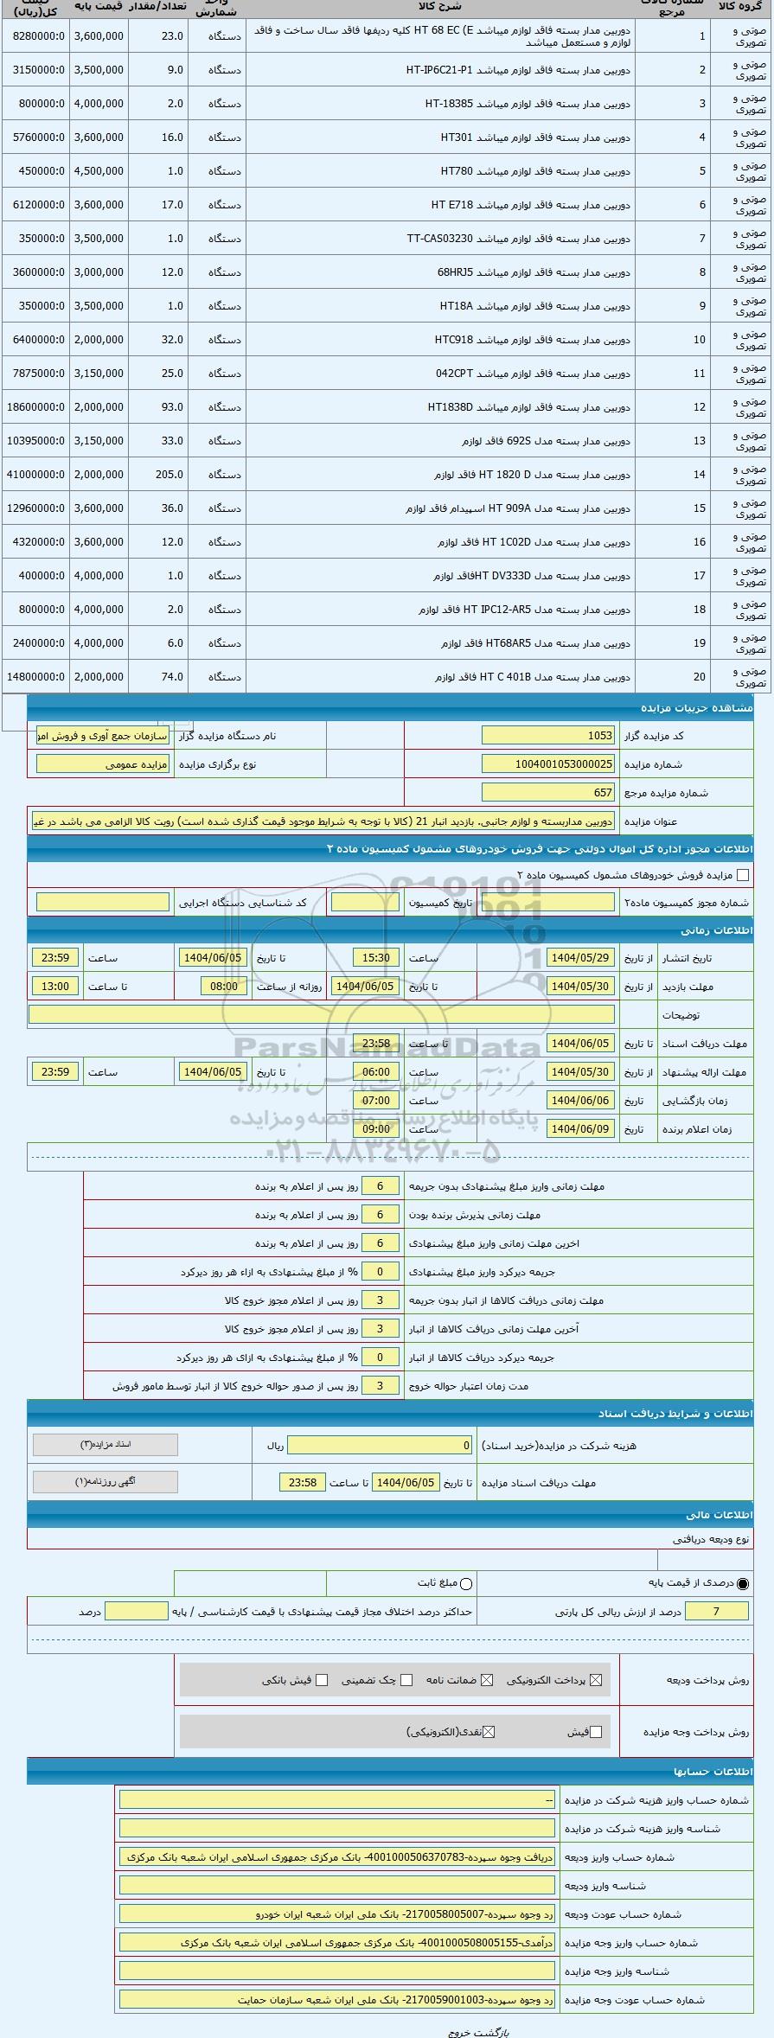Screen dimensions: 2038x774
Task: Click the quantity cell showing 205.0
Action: click(x=162, y=475)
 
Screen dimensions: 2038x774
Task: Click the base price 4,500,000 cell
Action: click(x=99, y=171)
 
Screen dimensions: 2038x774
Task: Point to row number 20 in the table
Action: click(x=699, y=677)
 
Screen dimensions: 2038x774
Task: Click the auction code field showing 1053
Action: click(x=547, y=736)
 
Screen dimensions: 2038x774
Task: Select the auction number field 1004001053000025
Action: click(x=547, y=764)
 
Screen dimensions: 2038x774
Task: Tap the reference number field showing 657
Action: click(x=547, y=793)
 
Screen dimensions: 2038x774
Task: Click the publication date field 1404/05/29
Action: click(x=580, y=958)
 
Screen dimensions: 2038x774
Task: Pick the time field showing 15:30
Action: click(x=376, y=958)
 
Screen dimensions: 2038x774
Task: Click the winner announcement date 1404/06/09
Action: click(x=580, y=1129)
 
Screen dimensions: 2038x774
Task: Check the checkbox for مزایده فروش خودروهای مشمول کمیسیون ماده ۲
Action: click(x=742, y=875)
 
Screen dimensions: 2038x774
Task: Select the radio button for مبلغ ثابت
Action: click(x=466, y=1584)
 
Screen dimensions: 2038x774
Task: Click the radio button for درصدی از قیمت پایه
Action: click(x=743, y=1584)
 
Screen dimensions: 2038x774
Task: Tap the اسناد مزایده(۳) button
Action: click(x=105, y=1445)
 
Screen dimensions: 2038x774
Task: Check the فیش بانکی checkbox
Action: click(x=322, y=1680)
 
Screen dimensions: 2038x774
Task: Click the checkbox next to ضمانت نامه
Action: click(x=487, y=1680)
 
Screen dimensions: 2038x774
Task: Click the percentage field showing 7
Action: click(x=716, y=1611)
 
